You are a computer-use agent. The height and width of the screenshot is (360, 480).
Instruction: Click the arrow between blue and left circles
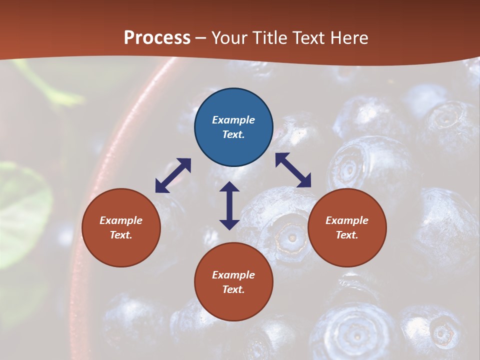pyautogui.click(x=173, y=175)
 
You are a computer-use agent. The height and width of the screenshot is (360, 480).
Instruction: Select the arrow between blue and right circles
pyautogui.click(x=293, y=170)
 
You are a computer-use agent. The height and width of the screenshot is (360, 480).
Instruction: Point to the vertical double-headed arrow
pyautogui.click(x=229, y=205)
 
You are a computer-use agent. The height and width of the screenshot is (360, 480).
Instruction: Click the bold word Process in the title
pyautogui.click(x=157, y=37)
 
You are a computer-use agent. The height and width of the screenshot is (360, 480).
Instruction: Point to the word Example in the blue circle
pyautogui.click(x=233, y=120)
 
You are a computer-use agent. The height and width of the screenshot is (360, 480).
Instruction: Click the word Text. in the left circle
pyautogui.click(x=121, y=235)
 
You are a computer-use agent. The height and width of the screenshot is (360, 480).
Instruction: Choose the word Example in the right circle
pyautogui.click(x=347, y=220)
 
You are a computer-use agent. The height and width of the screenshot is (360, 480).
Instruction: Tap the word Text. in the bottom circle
pyautogui.click(x=233, y=289)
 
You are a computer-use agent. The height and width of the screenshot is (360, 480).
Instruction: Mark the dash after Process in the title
pyautogui.click(x=200, y=38)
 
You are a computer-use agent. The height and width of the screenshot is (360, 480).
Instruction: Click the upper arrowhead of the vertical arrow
pyautogui.click(x=229, y=186)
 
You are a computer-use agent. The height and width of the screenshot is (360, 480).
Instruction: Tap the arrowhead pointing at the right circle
pyautogui.click(x=304, y=181)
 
